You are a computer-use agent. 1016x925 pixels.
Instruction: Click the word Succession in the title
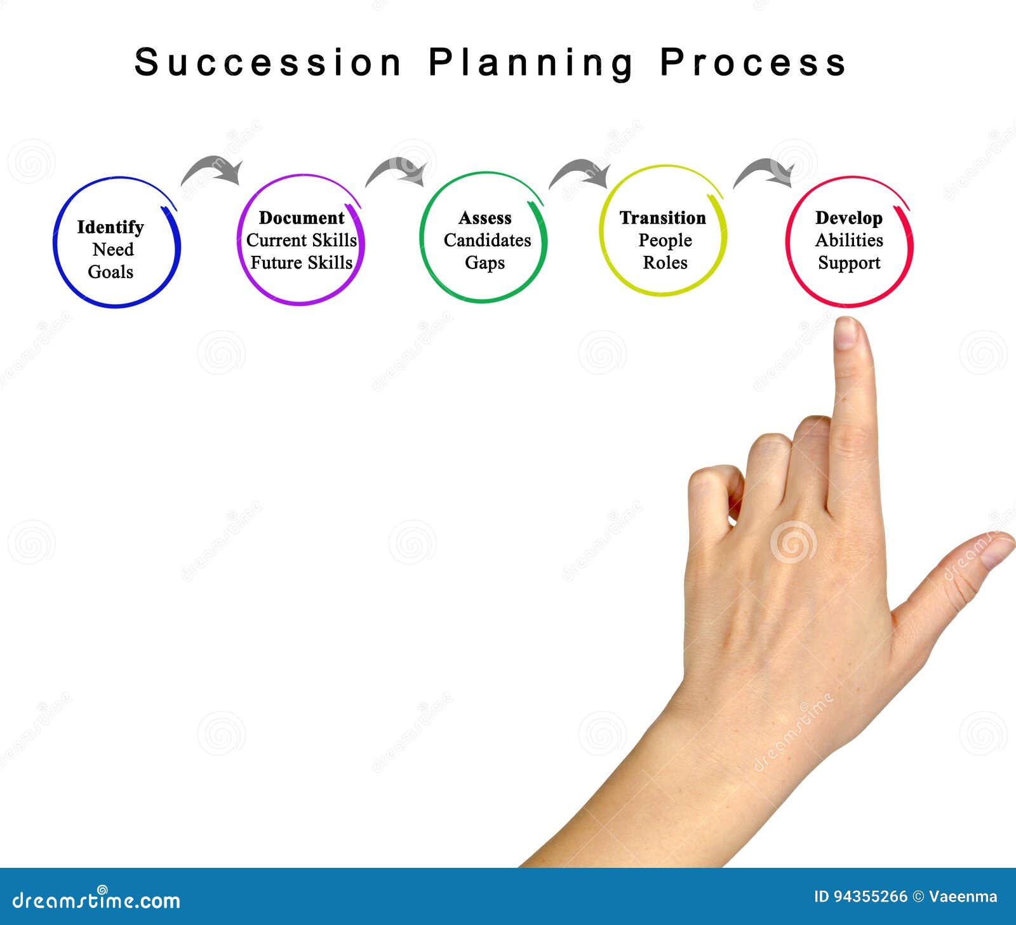pos(268,62)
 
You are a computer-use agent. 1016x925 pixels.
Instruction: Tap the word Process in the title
pos(753,62)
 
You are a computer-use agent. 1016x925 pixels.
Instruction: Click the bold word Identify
pos(110,227)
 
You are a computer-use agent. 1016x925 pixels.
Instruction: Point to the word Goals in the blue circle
pos(110,272)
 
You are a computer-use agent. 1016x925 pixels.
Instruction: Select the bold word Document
pos(302,218)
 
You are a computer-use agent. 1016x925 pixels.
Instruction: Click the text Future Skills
pos(301,262)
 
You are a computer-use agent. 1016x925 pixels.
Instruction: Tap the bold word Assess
pos(485,218)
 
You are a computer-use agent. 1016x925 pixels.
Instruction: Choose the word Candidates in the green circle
pos(487,240)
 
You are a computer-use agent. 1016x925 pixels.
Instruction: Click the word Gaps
pos(485,262)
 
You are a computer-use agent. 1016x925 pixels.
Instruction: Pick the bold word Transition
pos(662,218)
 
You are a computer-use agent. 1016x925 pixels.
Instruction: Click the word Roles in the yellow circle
pos(665,262)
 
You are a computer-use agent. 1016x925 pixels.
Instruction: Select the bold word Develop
pos(848,218)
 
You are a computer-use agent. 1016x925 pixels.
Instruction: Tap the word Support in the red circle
pos(849,262)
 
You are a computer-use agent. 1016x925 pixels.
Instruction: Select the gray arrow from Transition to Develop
pos(765,171)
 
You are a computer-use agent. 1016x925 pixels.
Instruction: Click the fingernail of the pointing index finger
pos(846,333)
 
